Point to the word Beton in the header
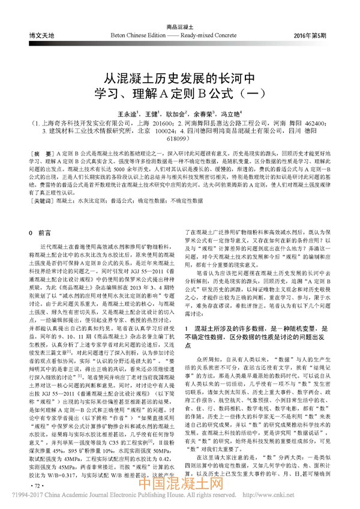(121, 36)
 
